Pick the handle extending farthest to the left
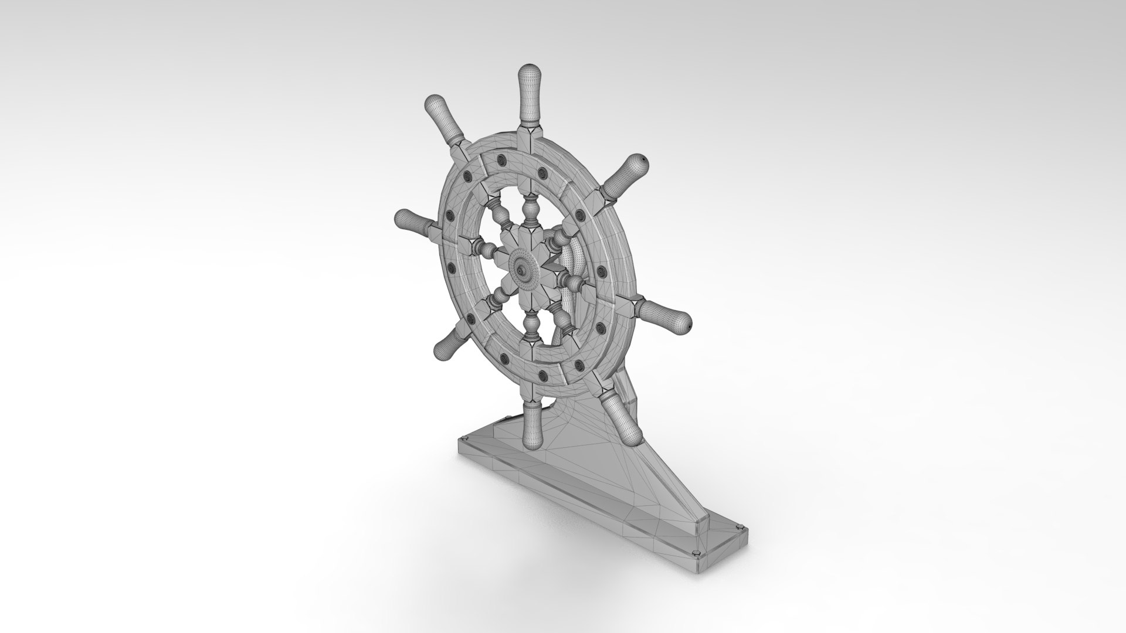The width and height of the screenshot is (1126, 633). click(413, 221)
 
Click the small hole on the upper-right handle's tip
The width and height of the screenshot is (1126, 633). click(645, 159)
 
